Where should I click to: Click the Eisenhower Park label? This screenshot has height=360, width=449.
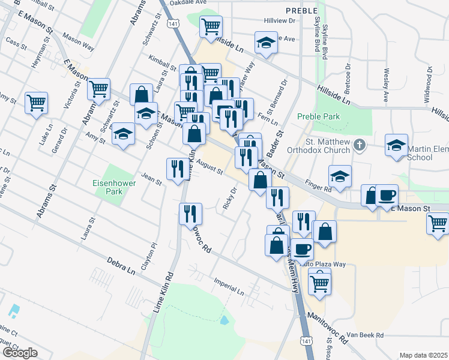(x=107, y=186)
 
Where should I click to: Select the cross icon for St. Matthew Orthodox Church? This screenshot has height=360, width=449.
(x=359, y=145)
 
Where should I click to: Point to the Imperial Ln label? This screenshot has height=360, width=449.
(x=229, y=286)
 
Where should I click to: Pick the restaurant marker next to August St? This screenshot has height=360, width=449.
(x=177, y=168)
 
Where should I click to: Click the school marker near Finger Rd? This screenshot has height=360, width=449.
(x=340, y=176)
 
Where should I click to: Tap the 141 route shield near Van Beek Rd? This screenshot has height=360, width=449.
(x=307, y=340)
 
